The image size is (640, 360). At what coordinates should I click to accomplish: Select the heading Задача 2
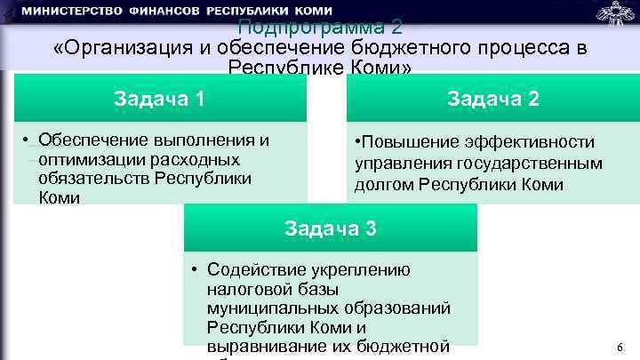tap(492, 98)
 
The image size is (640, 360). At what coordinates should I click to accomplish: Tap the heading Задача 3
tap(331, 228)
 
